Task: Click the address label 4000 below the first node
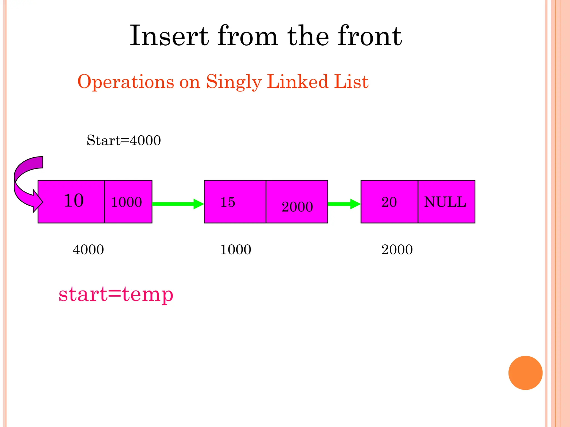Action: coord(88,249)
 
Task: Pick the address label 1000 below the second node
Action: coord(235,249)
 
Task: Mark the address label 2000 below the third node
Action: coord(397,249)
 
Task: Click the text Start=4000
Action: coord(124,140)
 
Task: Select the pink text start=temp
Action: coord(116,294)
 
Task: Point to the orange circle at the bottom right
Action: coord(525,373)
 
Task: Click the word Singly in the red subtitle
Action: coord(234,82)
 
